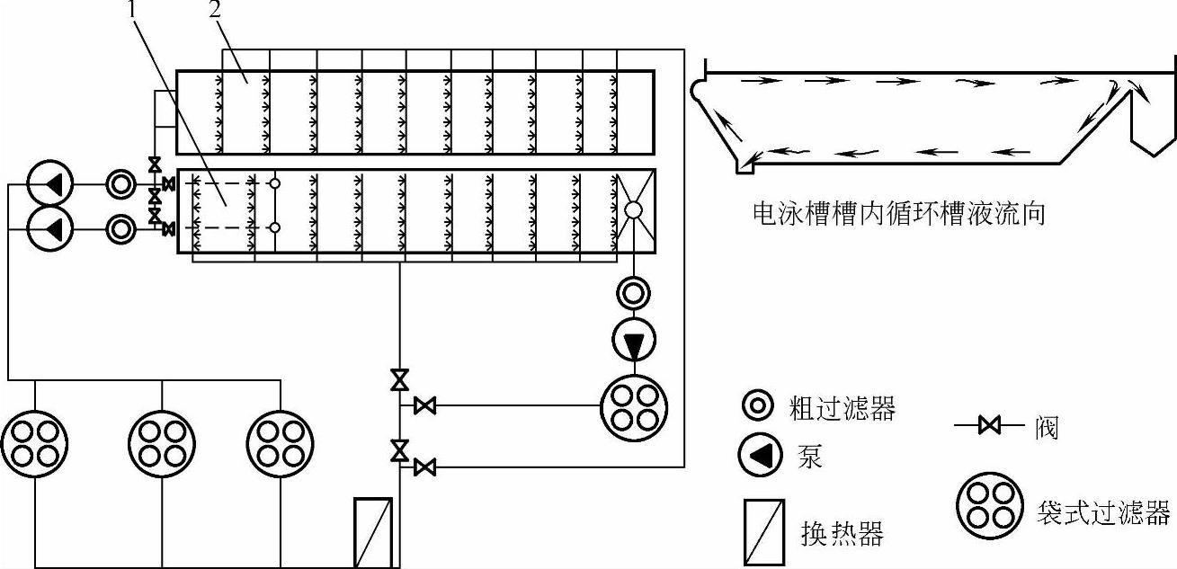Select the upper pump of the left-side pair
[x=49, y=184]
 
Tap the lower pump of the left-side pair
[x=49, y=228]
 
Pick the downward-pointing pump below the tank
[x=634, y=342]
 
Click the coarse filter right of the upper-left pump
[x=120, y=184]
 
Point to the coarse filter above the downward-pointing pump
[x=634, y=292]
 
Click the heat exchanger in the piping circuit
[x=373, y=532]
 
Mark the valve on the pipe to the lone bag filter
[x=425, y=407]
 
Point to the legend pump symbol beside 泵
[x=758, y=456]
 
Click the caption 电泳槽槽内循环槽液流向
[x=898, y=216]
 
